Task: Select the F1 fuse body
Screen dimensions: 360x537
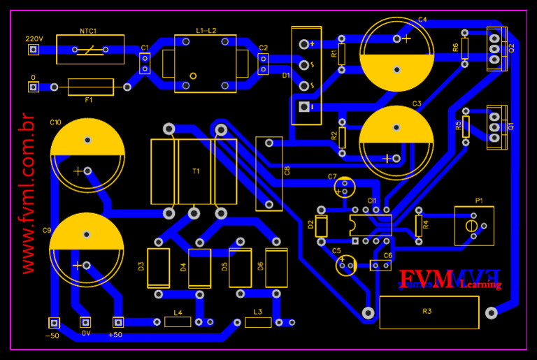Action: point(90,87)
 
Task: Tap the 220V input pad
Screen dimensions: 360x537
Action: point(33,50)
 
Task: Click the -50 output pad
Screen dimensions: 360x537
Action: point(53,323)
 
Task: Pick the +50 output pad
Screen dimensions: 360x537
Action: point(118,322)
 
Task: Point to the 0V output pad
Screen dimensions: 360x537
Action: point(85,322)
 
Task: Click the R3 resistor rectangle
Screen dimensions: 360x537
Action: point(429,312)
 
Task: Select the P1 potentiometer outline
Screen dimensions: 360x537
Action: point(473,226)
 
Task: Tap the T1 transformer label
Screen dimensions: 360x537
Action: point(196,171)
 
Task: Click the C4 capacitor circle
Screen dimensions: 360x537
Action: point(396,55)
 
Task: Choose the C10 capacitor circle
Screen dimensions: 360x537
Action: point(87,155)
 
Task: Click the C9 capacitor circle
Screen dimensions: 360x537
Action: point(87,250)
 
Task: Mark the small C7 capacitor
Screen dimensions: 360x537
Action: point(345,187)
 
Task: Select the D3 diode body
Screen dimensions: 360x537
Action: point(158,268)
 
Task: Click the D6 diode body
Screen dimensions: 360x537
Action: point(276,268)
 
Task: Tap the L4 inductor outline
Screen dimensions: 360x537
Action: point(178,322)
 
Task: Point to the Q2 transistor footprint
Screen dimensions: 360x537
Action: point(496,49)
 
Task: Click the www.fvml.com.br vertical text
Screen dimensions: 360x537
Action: point(27,193)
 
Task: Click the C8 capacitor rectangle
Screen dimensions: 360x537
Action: point(269,172)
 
